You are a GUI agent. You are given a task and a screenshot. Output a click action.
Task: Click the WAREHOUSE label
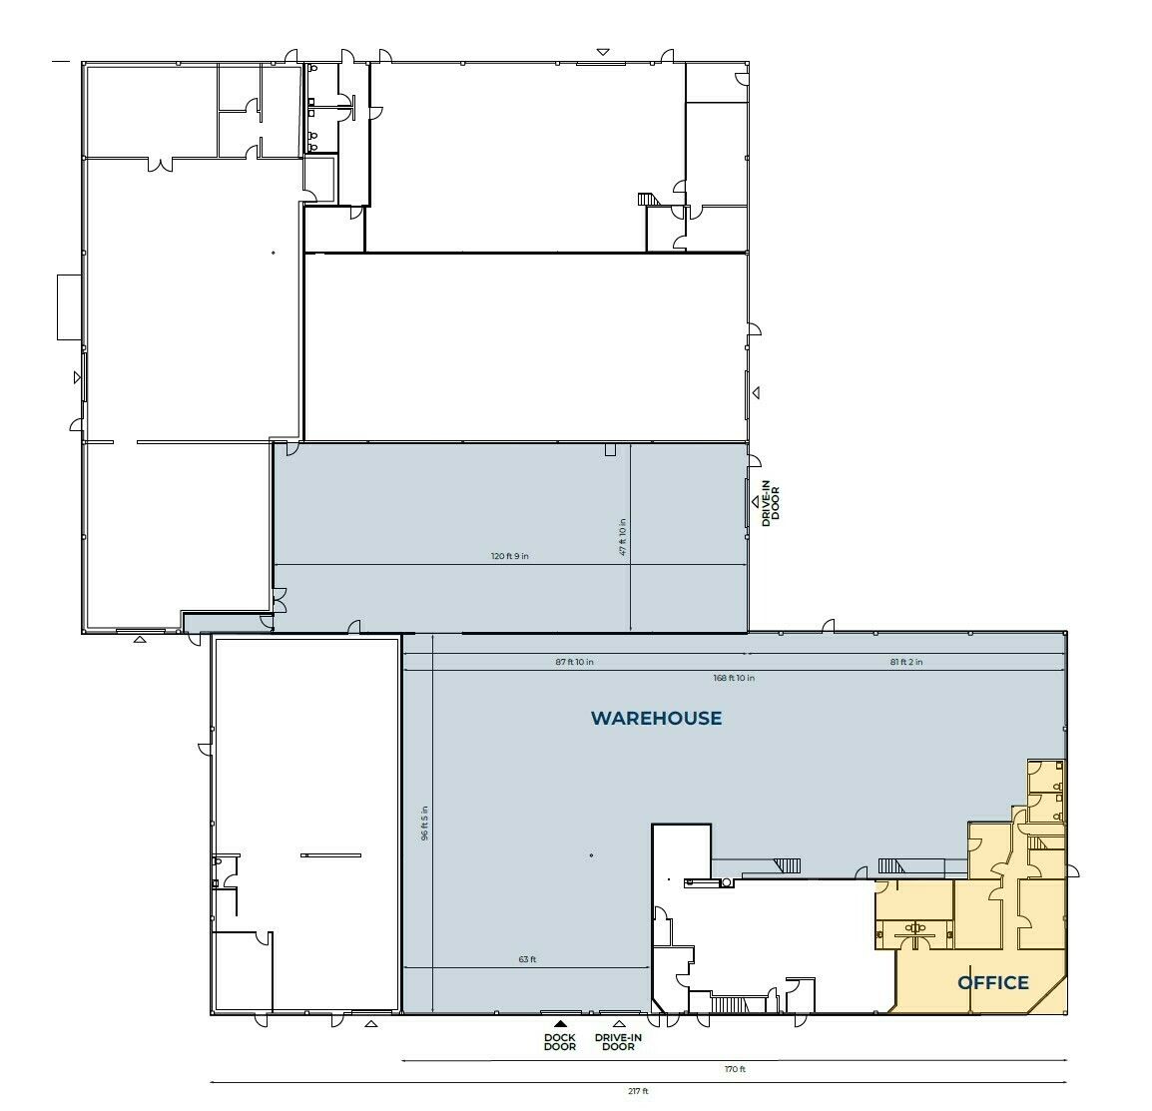(656, 718)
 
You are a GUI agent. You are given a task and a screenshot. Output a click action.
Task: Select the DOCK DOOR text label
(560, 1042)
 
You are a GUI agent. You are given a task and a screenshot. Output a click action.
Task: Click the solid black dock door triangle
(560, 1023)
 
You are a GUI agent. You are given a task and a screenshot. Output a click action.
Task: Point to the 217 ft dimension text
(639, 1091)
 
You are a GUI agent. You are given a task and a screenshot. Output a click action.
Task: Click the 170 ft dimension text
(735, 1069)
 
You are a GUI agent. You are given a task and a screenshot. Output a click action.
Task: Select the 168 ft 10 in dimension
(734, 678)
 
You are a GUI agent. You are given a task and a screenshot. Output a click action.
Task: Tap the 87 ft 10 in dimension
(575, 662)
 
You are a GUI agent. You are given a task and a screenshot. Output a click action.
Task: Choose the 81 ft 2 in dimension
(906, 662)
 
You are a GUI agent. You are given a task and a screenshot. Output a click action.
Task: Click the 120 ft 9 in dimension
(510, 556)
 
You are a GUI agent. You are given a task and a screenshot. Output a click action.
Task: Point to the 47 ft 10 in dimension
(623, 537)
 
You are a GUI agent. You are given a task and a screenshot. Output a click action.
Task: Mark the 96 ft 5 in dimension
(424, 824)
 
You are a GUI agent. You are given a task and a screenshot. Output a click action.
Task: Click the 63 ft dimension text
(527, 959)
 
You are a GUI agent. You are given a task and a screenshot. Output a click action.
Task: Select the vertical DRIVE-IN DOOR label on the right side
(771, 503)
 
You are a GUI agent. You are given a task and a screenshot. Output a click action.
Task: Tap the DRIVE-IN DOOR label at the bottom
(619, 1042)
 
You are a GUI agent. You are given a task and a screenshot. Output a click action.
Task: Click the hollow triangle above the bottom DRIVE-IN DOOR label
(619, 1023)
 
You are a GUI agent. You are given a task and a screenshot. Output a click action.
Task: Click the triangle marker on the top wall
(603, 52)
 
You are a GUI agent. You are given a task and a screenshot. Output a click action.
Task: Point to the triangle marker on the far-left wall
(77, 377)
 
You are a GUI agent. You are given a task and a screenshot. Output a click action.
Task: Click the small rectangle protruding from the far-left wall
(69, 307)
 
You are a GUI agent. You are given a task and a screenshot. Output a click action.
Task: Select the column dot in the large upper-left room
(274, 253)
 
